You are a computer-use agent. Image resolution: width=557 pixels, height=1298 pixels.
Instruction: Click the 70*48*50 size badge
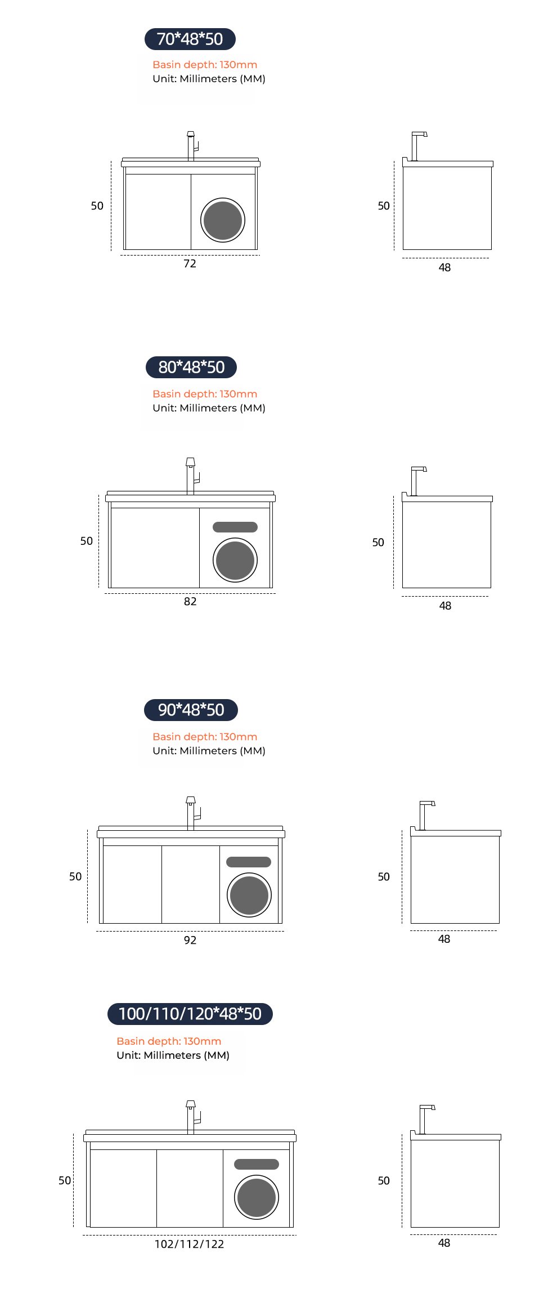point(190,39)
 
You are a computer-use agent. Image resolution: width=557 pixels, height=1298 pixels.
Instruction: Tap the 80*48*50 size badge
point(191,367)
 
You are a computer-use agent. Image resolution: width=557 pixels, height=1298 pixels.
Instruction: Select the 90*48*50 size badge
point(191,710)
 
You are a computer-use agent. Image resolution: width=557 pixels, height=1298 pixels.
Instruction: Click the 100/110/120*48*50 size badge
point(190,1014)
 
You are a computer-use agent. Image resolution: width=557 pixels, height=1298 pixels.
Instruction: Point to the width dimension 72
point(190,263)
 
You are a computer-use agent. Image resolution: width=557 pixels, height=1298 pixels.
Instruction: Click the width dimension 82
point(190,601)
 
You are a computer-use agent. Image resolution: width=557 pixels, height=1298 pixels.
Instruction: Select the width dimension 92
point(190,940)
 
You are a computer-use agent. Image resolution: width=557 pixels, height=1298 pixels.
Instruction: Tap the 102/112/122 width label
point(190,1244)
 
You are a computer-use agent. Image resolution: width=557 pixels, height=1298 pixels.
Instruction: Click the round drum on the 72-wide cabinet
point(223,220)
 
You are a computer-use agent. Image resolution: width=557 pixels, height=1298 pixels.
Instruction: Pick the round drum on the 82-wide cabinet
point(235,560)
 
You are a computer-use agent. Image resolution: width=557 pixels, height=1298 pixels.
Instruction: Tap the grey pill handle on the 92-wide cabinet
point(249,862)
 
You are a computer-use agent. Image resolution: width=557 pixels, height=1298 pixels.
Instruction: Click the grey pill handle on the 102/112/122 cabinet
point(257,1164)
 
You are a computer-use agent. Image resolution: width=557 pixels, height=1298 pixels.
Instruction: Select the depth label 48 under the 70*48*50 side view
point(444,268)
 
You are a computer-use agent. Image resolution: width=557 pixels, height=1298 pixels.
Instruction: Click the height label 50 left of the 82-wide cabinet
point(87,541)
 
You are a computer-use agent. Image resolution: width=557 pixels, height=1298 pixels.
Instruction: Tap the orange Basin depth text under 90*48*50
point(205,737)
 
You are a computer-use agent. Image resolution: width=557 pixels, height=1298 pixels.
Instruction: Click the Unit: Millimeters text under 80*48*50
point(209,408)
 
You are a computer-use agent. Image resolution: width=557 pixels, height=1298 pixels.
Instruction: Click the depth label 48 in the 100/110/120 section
point(444,1243)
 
